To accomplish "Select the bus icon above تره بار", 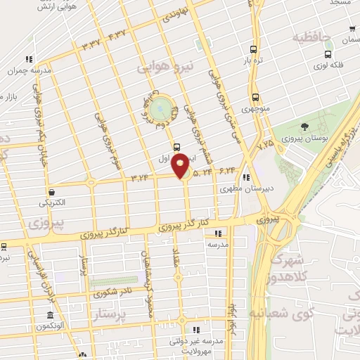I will pyautogui.click(x=254, y=49).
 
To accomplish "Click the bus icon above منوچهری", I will pyautogui.click(x=255, y=98).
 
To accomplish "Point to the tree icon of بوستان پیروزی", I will pyautogui.click(x=304, y=127).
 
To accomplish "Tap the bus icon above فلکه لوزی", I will pyautogui.click(x=351, y=30).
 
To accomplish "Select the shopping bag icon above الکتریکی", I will pyautogui.click(x=51, y=191).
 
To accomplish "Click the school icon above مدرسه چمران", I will pyautogui.click(x=28, y=59).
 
